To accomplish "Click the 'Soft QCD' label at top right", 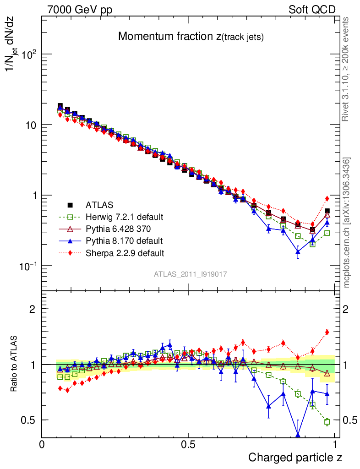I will click(x=312, y=10).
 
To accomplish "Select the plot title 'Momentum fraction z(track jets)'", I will click(x=191, y=37).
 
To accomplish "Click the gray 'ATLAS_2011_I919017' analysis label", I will click(x=191, y=274).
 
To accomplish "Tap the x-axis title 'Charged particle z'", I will click(x=295, y=457).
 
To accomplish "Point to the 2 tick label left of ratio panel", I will click(x=33, y=309).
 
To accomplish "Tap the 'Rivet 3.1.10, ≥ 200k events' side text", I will click(x=346, y=70).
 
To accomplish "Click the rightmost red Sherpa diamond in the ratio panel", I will click(x=327, y=332).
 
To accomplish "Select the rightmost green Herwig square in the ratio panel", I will click(x=327, y=422).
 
